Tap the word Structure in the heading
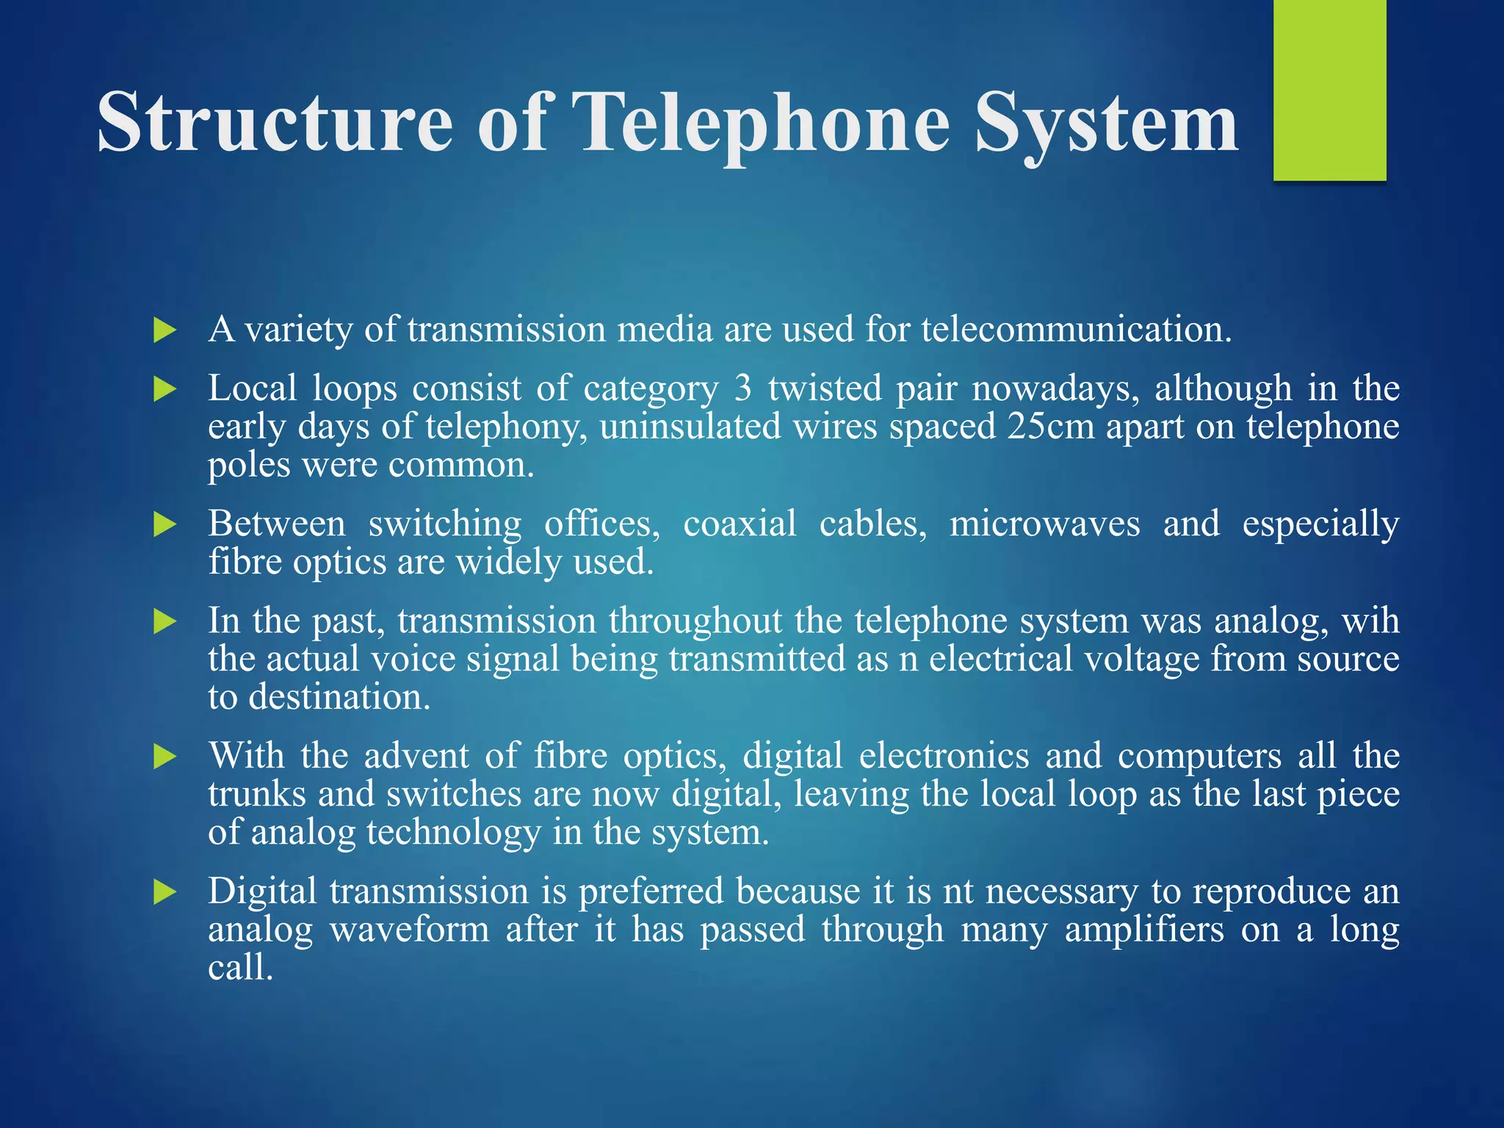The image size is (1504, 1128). [x=275, y=122]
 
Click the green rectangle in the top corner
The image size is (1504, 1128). [x=1329, y=90]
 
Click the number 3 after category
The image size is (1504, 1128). [x=743, y=388]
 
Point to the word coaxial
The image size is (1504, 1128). [x=740, y=524]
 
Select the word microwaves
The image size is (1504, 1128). [x=1044, y=524]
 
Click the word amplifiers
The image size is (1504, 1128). [x=1143, y=930]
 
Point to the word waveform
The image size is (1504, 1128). [x=409, y=930]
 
